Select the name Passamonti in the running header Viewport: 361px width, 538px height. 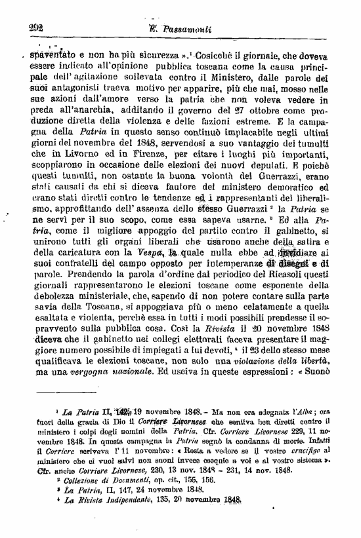point(186,28)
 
